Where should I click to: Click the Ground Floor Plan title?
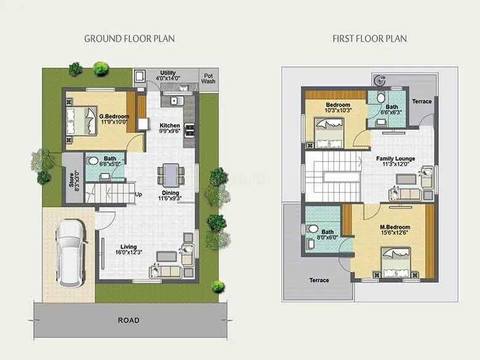129,38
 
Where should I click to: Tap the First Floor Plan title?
369,38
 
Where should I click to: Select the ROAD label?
129,320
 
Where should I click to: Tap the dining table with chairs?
169,174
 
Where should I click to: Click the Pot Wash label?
209,78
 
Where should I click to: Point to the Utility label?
168,73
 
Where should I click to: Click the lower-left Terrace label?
319,281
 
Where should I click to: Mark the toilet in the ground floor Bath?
94,161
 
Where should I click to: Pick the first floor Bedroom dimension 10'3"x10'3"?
338,111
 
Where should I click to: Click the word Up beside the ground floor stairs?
138,195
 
